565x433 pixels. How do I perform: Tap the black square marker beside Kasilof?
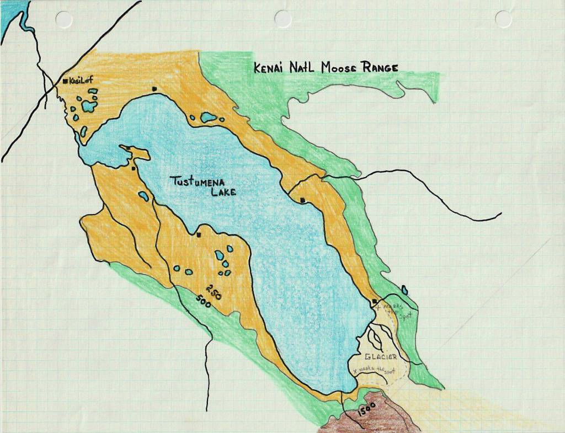coord(65,81)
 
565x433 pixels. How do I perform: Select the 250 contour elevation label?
coord(214,291)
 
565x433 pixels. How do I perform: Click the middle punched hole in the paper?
coord(283,19)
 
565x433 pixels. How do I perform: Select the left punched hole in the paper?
coord(64,20)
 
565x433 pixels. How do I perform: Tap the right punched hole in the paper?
coord(503,19)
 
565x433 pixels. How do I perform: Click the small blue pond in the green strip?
coord(404,290)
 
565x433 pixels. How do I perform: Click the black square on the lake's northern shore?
coord(154,88)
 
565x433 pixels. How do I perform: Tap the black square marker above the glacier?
coord(375,301)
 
